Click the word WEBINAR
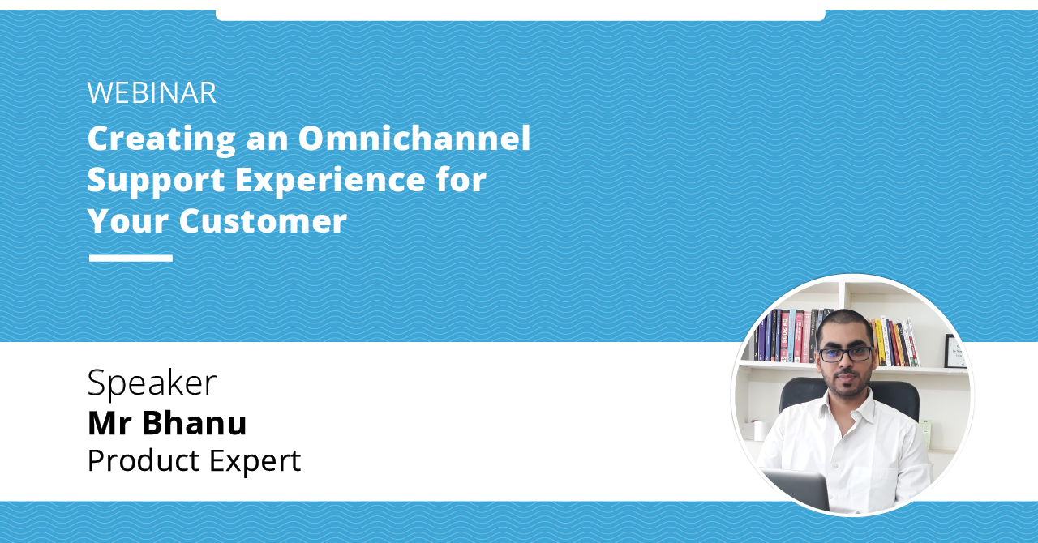(152, 93)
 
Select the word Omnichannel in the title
(414, 138)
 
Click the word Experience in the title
(340, 180)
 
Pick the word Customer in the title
(263, 220)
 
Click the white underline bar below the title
(131, 259)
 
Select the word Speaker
(152, 383)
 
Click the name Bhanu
(195, 422)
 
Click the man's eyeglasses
(845, 354)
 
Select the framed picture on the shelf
(955, 351)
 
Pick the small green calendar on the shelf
(926, 433)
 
